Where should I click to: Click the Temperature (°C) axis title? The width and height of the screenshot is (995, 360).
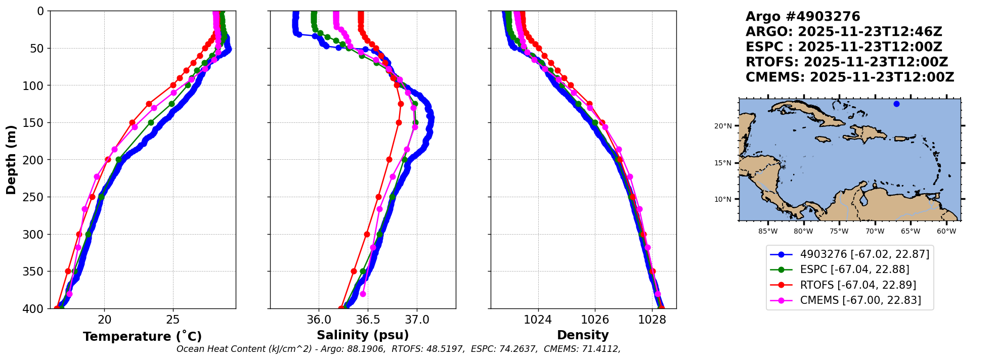(x=142, y=337)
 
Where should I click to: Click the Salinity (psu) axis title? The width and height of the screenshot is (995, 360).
(x=363, y=335)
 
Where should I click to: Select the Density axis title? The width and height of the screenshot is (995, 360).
(x=583, y=335)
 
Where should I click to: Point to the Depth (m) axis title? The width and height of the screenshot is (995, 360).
(x=11, y=160)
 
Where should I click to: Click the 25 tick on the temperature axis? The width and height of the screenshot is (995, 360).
(x=173, y=320)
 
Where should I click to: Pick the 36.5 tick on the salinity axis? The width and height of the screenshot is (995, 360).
(x=368, y=320)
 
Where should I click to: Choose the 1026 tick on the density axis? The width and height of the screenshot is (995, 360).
(x=595, y=320)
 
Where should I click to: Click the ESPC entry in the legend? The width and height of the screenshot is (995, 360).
(x=854, y=269)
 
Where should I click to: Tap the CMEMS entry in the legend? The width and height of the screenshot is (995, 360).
(x=860, y=300)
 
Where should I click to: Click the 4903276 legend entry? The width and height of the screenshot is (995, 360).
(x=864, y=254)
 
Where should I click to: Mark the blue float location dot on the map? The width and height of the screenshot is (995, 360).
(x=896, y=104)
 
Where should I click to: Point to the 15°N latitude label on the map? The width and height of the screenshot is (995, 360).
(x=723, y=163)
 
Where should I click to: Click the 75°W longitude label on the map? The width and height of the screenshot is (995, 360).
(x=839, y=232)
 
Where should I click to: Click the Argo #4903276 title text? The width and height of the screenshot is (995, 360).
(x=803, y=17)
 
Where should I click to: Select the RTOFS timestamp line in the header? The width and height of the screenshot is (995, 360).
(x=846, y=62)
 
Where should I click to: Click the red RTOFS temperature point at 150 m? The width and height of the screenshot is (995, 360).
(x=132, y=122)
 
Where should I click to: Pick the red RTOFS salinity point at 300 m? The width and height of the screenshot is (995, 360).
(x=367, y=234)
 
